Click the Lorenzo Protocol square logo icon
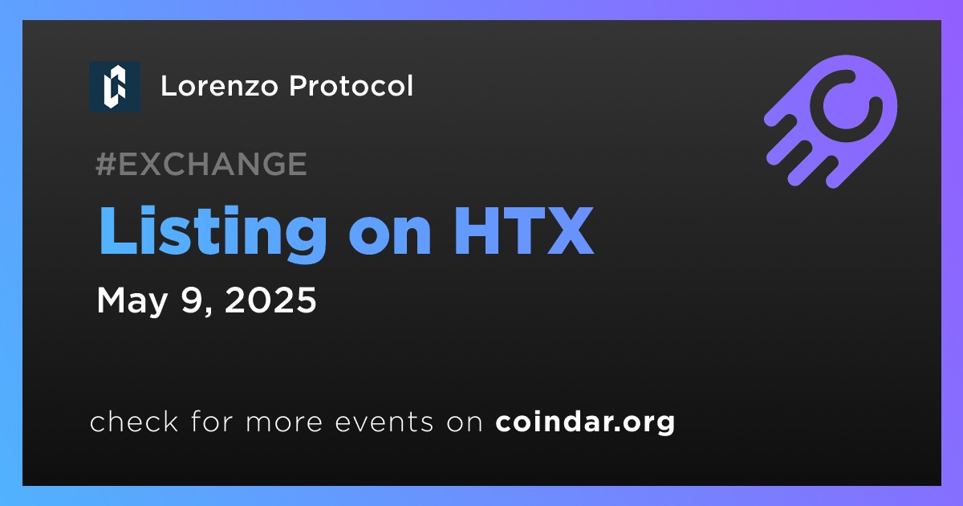pyautogui.click(x=115, y=87)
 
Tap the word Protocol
pyautogui.click(x=351, y=86)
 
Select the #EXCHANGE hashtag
pyautogui.click(x=201, y=164)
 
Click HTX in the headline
pyautogui.click(x=524, y=231)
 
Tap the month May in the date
pyautogui.click(x=132, y=302)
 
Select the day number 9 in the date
pyautogui.click(x=193, y=300)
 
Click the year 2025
pyautogui.click(x=270, y=300)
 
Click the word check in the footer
pyautogui.click(x=134, y=421)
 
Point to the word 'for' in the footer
pyautogui.click(x=212, y=421)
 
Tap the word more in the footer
pyautogui.click(x=284, y=423)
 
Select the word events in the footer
pyautogui.click(x=384, y=422)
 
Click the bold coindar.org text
pyautogui.click(x=585, y=422)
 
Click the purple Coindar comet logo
pyautogui.click(x=831, y=121)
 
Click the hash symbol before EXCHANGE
pyautogui.click(x=106, y=164)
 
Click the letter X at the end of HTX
pyautogui.click(x=570, y=231)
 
